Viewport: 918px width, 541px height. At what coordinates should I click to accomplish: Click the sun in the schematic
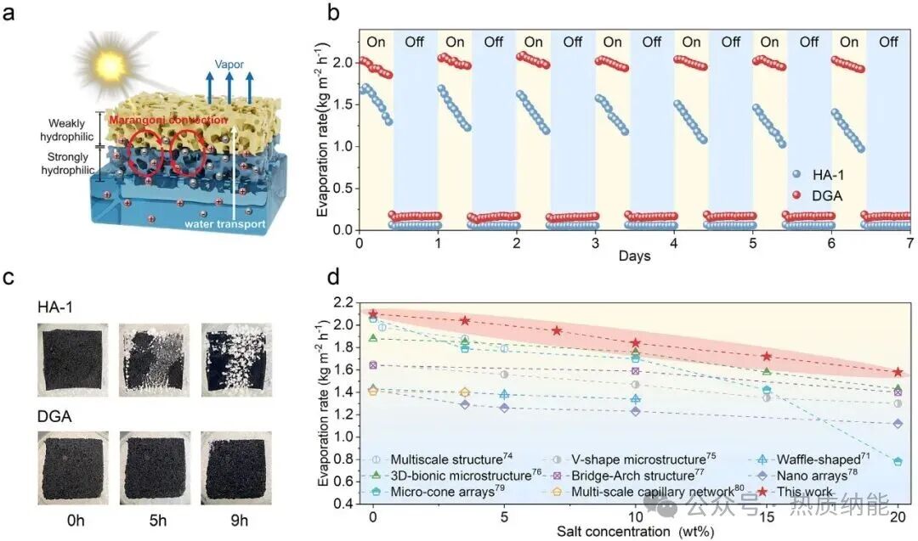pos(110,62)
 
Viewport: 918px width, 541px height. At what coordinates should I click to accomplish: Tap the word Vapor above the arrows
pos(229,65)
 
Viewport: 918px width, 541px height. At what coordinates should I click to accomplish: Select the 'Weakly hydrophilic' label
pos(67,130)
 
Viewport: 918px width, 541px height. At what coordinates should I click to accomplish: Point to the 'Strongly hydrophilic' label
pos(67,163)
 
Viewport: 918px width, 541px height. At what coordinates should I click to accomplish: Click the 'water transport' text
pos(224,223)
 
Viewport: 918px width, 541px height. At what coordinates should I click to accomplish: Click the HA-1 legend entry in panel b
pos(818,174)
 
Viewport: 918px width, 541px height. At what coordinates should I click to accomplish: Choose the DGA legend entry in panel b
pos(818,195)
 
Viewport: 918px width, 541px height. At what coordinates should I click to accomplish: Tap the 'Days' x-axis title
pos(635,256)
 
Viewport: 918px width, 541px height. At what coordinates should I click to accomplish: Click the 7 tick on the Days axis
pos(909,243)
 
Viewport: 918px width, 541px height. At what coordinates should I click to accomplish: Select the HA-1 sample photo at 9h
pos(236,360)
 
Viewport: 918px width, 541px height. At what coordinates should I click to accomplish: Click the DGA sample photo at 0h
pos(72,468)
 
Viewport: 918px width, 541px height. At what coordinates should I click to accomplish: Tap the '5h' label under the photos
pos(157,520)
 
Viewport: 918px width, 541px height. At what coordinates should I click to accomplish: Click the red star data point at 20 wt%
pos(898,372)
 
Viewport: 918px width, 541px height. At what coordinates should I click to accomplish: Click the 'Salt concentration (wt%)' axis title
pos(636,531)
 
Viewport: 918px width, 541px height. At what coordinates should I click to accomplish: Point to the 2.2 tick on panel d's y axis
pos(343,302)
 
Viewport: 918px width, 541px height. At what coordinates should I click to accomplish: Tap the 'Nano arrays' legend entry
pos(807,476)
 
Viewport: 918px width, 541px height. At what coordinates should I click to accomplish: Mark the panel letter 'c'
pos(8,277)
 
